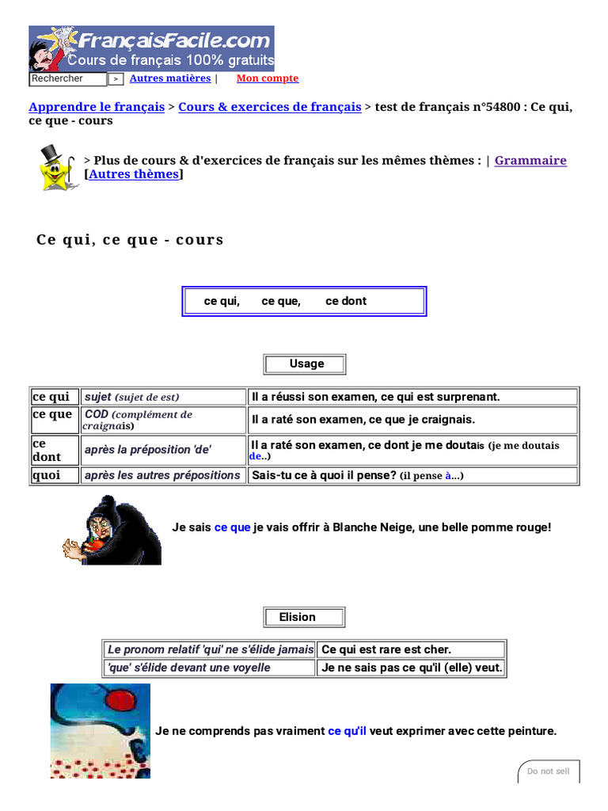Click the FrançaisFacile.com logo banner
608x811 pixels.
point(151,48)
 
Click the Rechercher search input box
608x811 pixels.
point(67,79)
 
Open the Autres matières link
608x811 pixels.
point(170,78)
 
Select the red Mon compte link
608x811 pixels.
point(268,78)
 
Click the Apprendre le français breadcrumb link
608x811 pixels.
point(97,107)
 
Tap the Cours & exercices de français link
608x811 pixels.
point(270,107)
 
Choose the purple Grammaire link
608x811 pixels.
point(530,160)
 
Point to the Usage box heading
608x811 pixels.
point(305,364)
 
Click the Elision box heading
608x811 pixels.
point(304,618)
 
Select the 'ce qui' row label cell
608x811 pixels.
point(55,397)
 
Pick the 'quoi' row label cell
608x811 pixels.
point(55,475)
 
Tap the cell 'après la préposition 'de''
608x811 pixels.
point(164,450)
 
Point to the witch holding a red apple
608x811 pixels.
point(112,530)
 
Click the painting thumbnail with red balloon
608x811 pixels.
point(100,731)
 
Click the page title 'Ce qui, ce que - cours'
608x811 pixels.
point(131,240)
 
